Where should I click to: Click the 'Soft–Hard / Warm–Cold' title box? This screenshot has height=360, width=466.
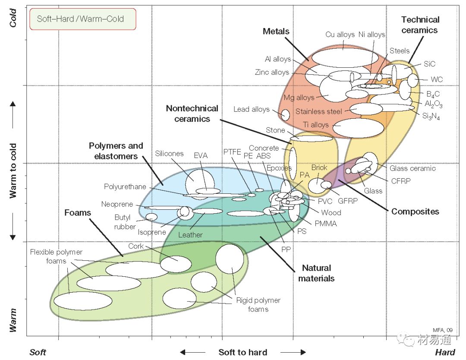coord(82,19)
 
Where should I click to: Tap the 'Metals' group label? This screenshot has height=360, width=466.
coord(276,32)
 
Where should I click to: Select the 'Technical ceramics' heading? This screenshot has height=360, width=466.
coord(420,25)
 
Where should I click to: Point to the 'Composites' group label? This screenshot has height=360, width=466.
coord(415,212)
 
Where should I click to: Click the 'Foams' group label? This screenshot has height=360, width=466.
coord(78,213)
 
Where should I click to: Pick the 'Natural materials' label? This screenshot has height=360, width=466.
coord(316,273)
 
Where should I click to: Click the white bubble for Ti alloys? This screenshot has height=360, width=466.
coord(358,128)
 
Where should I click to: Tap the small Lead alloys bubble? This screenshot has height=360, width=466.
coord(285,115)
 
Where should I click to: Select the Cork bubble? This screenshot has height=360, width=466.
coord(176,264)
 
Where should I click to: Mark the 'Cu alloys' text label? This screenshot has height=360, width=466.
coord(340,35)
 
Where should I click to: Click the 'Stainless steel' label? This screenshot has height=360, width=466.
coord(318,111)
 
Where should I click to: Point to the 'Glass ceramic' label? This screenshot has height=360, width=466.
coord(412,168)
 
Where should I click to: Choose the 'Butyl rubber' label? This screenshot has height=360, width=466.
coord(125,222)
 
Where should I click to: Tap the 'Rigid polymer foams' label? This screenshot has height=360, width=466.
coord(258,305)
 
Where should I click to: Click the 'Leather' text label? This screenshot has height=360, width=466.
coord(190,235)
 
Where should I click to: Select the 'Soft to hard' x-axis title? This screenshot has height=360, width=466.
coord(243,352)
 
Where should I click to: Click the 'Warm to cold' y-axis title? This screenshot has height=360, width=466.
coord(13,171)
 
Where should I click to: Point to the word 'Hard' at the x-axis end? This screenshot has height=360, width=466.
coord(445,352)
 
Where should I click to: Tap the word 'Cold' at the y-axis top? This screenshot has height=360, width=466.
coord(13,18)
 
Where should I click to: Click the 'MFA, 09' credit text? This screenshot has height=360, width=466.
coord(443,330)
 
